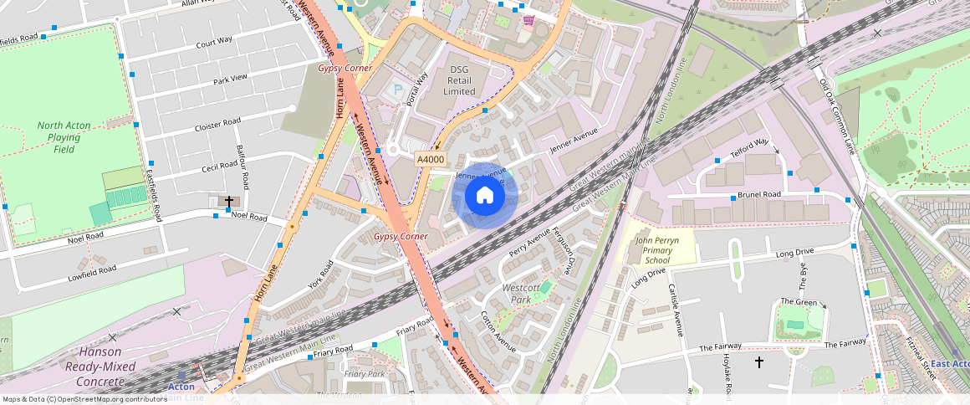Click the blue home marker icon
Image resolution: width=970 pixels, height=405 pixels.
484,196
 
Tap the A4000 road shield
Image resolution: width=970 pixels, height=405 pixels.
431,159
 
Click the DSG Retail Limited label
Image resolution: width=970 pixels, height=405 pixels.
459,80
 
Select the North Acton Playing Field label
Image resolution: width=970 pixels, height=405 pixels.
59,137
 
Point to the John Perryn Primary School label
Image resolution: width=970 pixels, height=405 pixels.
657,250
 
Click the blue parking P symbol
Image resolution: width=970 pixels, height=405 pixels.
398,89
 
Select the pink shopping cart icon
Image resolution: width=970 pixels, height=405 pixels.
528,20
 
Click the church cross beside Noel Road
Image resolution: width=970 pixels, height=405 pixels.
228,202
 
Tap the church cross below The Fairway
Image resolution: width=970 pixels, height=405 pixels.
759,362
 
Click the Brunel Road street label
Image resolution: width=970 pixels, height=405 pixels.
759,194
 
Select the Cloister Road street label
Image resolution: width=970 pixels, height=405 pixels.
217,124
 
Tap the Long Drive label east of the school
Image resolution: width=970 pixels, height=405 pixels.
794,253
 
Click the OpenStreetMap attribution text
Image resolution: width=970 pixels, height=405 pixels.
85,399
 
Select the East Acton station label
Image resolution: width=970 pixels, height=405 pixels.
951,364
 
